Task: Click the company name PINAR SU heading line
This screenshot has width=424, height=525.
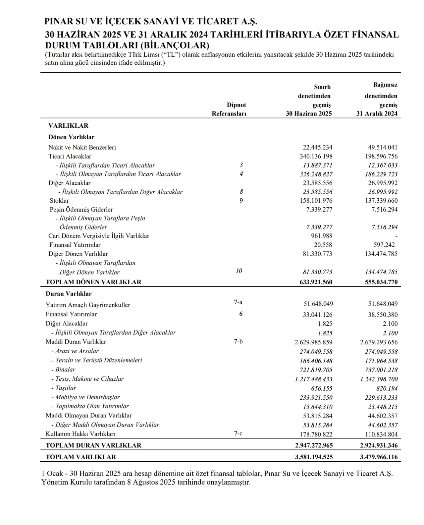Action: tap(151, 22)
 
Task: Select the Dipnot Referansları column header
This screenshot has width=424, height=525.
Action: tap(229, 109)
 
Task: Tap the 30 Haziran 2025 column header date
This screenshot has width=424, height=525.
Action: tap(309, 114)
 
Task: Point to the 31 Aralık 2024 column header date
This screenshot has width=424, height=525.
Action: tap(377, 114)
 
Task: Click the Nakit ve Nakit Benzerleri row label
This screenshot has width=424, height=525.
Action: tap(82, 147)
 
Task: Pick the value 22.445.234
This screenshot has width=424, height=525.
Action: tap(317, 147)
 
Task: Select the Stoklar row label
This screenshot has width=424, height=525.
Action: tap(59, 201)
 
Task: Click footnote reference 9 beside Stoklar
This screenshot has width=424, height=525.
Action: tap(241, 200)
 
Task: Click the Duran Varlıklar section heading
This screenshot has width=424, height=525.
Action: tap(69, 294)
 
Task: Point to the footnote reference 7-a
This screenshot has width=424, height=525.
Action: tap(238, 302)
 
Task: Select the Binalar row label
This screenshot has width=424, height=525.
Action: tap(65, 369)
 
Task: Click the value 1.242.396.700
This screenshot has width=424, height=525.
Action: tap(379, 379)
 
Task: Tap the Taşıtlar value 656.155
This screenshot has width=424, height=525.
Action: tap(322, 388)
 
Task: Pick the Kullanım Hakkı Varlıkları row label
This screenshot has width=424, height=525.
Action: tap(80, 434)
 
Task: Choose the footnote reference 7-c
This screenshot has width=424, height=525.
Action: tap(238, 433)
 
